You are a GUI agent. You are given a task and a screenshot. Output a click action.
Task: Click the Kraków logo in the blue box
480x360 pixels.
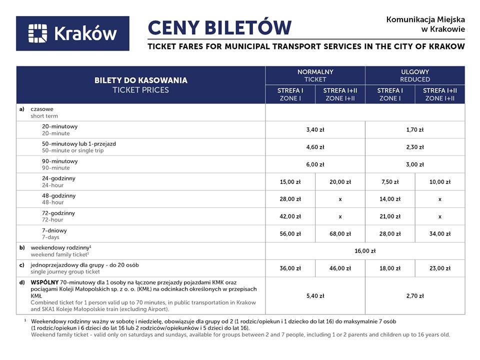tap(72, 33)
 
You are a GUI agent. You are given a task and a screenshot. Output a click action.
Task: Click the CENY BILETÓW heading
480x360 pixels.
tap(219, 27)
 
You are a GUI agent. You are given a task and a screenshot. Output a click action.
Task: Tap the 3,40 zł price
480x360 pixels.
tap(315, 130)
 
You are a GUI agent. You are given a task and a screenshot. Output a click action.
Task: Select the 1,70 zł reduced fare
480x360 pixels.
tap(415, 130)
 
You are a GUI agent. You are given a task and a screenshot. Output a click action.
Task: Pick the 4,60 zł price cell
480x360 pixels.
tap(315, 147)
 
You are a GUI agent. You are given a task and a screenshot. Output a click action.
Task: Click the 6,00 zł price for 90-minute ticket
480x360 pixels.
tap(315, 164)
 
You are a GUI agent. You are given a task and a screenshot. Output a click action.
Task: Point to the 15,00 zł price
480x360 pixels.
tap(290, 182)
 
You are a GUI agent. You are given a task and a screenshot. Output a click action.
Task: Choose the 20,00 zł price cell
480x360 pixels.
tap(340, 182)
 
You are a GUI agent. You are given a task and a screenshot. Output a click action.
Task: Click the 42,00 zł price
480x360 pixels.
tap(290, 216)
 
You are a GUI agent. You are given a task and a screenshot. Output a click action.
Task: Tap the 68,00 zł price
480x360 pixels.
tap(340, 233)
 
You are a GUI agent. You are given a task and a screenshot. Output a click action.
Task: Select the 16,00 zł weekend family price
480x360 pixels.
tap(365, 251)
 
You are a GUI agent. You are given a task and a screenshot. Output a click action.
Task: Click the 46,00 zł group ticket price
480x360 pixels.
tap(340, 268)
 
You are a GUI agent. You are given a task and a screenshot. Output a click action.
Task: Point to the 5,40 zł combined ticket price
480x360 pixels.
tap(315, 296)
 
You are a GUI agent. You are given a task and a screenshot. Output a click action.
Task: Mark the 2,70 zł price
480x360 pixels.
tap(415, 296)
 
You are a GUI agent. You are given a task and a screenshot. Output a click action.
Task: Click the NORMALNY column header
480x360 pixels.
tap(315, 72)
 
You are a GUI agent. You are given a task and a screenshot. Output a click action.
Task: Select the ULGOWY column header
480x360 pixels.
tap(415, 72)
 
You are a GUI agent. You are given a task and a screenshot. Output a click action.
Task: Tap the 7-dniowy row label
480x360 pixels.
tap(54, 230)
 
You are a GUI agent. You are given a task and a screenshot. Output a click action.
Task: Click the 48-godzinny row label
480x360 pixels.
tap(59, 196)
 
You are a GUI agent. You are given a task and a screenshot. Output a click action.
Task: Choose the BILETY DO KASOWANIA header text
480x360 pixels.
tap(141, 80)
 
